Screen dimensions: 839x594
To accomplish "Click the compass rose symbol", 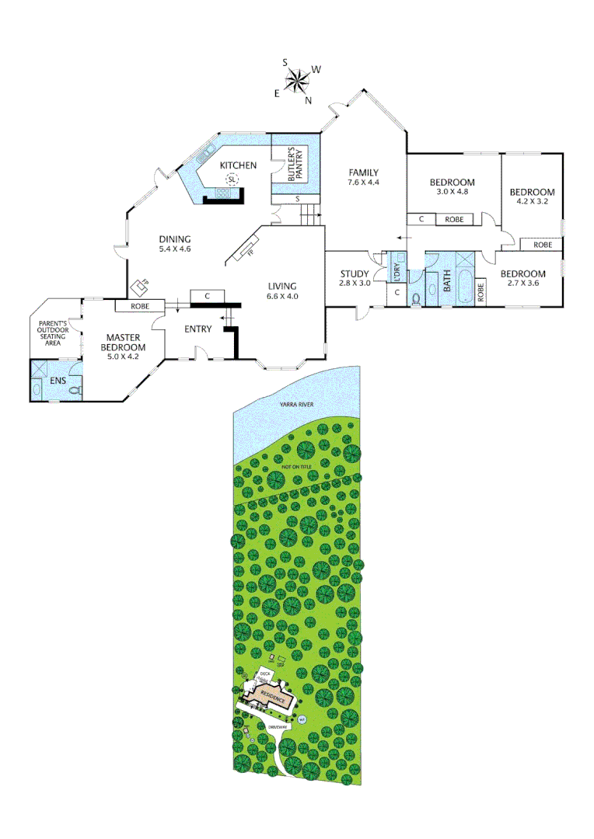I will pos(296,80).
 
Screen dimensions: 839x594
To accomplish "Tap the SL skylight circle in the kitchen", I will pos(231,180).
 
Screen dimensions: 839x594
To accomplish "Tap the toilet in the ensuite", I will pos(75,391).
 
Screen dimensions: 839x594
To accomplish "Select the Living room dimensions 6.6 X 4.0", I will pos(282,296).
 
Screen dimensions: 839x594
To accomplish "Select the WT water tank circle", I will pos(302,719).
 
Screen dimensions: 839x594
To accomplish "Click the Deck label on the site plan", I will pos(265,674).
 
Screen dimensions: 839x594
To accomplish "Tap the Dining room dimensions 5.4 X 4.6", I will pos(174,249).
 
